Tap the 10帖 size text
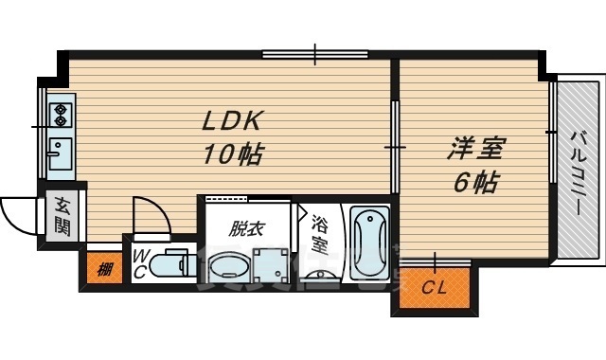point(231,153)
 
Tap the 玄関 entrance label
point(62,216)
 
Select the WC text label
point(139,262)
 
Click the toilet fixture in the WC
point(172,262)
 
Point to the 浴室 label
point(319,233)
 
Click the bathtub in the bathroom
point(367,243)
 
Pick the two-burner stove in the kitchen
point(59,115)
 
